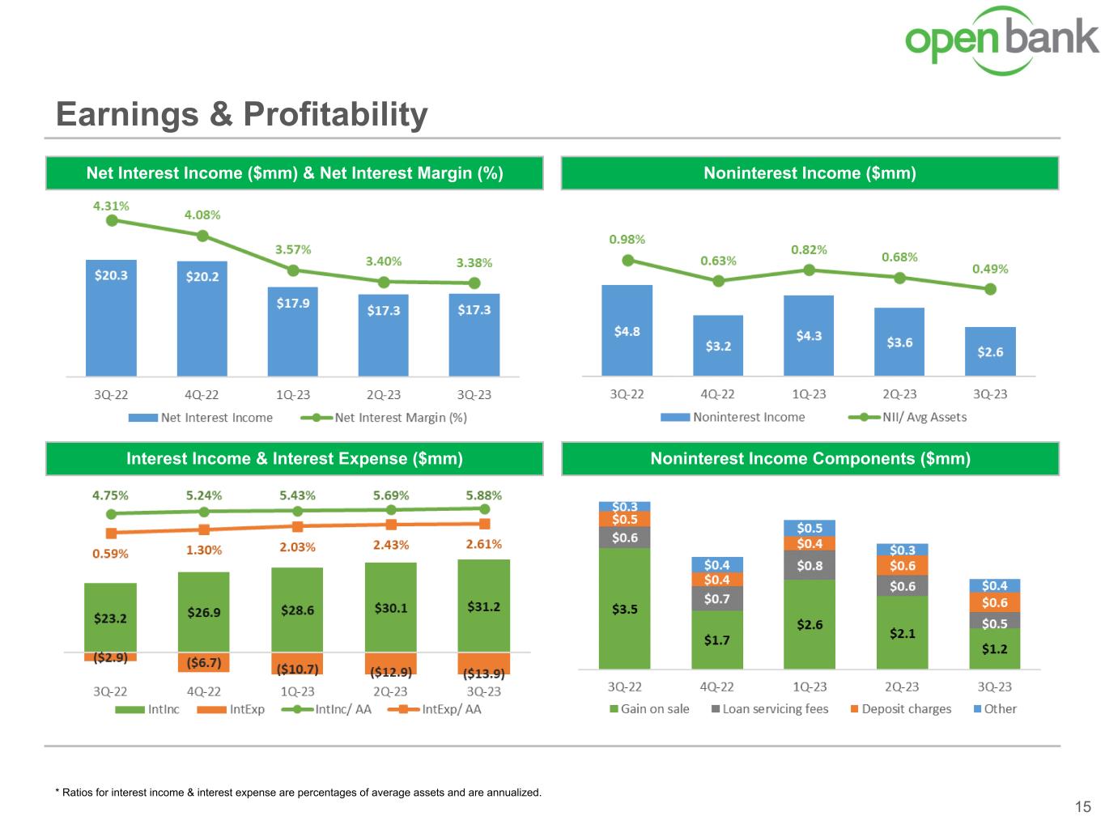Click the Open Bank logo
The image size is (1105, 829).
[1001, 40]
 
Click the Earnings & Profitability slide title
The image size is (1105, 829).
[241, 114]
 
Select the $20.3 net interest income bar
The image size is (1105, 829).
[111, 317]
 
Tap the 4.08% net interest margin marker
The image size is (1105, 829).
[202, 236]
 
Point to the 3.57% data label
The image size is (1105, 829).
[293, 249]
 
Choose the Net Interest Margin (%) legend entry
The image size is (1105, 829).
[384, 418]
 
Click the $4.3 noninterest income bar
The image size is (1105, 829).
[809, 335]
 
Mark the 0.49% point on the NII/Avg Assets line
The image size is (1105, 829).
[990, 289]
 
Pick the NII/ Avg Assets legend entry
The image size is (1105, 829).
[907, 417]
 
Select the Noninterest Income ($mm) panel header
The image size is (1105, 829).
[810, 173]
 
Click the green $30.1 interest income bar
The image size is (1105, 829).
[391, 607]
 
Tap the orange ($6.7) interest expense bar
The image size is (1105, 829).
[203, 662]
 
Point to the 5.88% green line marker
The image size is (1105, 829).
[484, 508]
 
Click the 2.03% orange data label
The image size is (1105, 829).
[297, 547]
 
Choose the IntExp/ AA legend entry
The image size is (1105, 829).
[435, 709]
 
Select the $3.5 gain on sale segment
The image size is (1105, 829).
[624, 608]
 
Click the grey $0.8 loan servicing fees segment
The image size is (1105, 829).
[810, 566]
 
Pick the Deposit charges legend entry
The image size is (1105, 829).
[901, 709]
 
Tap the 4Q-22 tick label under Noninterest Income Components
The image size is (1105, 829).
[716, 687]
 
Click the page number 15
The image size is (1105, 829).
[1082, 806]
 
